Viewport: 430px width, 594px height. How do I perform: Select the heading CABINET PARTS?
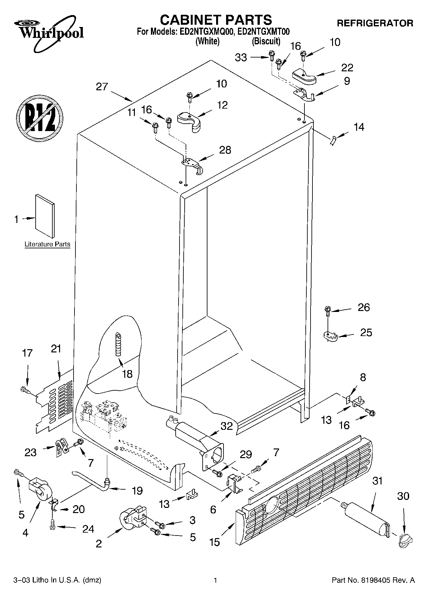[216, 20]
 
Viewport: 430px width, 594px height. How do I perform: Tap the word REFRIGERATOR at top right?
[375, 23]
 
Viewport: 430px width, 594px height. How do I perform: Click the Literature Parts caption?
[47, 244]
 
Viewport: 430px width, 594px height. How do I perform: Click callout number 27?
[102, 87]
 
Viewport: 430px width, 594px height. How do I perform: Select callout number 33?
[241, 58]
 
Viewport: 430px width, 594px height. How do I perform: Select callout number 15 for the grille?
[215, 542]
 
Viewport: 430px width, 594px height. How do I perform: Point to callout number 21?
[56, 349]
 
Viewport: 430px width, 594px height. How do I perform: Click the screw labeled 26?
[327, 310]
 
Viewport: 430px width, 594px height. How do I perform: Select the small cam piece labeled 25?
[329, 336]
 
